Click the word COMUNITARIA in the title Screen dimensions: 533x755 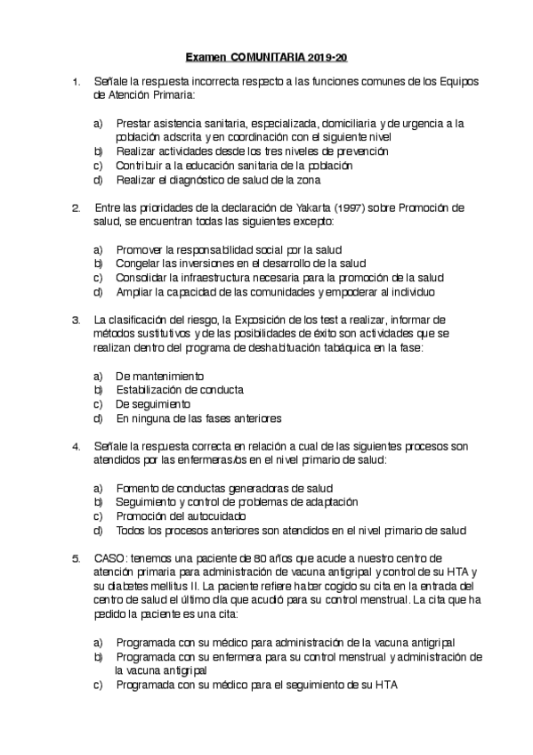click(270, 56)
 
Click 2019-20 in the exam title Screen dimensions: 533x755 click(329, 56)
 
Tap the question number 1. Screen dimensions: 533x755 click(76, 82)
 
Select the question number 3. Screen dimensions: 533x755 click(76, 319)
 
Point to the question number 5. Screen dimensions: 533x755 click(76, 557)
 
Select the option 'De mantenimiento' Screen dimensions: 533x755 click(160, 375)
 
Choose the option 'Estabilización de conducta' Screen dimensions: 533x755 click(180, 389)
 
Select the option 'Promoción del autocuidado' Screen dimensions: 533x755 click(181, 516)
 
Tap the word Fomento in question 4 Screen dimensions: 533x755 click(137, 488)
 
